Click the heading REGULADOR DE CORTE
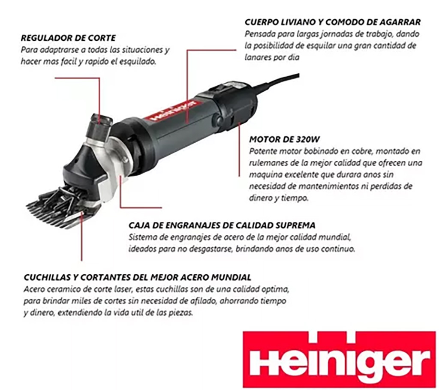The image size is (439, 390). tap(68, 38)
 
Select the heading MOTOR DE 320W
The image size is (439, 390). tap(284, 139)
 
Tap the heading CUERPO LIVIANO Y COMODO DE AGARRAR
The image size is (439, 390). tap(333, 22)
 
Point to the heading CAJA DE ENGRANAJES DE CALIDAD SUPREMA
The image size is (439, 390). tap(222, 225)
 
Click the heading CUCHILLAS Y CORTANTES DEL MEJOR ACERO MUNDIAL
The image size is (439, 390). tap(137, 277)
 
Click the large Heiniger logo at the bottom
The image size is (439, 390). tap(340, 360)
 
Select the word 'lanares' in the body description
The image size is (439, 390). tap(259, 57)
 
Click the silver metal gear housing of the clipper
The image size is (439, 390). tap(112, 165)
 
